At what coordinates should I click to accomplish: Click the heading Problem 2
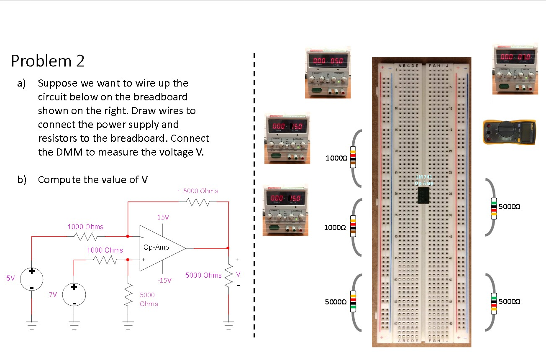click(48, 61)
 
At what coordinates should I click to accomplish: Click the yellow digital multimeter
click(509, 132)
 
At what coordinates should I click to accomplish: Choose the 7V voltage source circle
click(74, 294)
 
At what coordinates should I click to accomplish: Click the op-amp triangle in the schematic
click(161, 248)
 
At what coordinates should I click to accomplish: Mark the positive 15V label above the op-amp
click(163, 217)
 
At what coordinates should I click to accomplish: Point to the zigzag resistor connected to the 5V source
click(86, 237)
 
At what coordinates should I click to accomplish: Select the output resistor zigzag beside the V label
click(228, 275)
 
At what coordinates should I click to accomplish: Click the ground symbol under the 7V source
click(74, 323)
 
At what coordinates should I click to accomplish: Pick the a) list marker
click(21, 83)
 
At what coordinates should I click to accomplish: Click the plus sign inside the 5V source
click(32, 271)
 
